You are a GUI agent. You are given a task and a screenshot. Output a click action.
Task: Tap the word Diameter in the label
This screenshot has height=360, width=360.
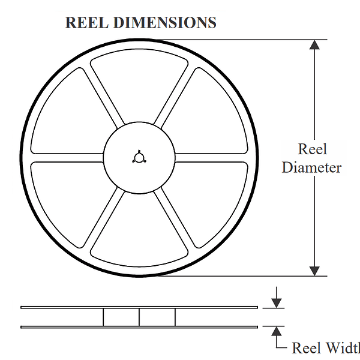tap(311, 167)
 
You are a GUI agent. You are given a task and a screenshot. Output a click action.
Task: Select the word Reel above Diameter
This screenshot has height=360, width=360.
tap(312, 149)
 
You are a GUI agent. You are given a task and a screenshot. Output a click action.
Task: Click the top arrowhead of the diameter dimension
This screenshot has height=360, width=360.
tap(314, 45)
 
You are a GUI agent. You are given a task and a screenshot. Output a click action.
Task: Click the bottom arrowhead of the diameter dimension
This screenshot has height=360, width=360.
tap(314, 271)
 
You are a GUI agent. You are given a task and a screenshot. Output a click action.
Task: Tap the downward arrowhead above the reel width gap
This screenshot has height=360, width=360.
tap(276, 302)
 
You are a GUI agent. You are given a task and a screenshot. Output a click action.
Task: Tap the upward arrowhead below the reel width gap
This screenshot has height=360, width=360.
tap(276, 332)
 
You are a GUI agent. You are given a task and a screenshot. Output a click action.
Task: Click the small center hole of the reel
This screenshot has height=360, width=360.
tap(139, 157)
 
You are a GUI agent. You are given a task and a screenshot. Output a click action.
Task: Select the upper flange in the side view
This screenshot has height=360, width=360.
tap(139, 307)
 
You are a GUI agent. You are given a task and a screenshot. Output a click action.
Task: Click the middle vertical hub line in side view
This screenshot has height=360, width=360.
tap(139, 317)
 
